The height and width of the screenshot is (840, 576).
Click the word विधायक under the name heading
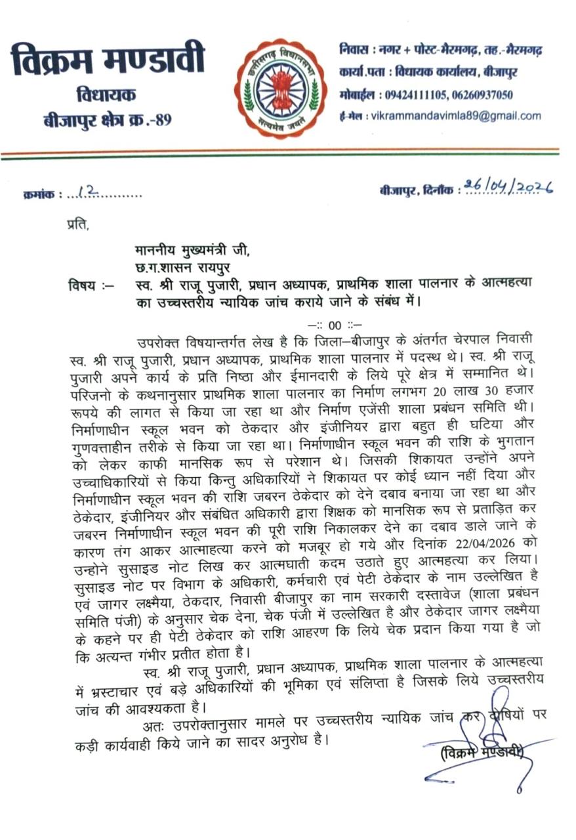[106, 95]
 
